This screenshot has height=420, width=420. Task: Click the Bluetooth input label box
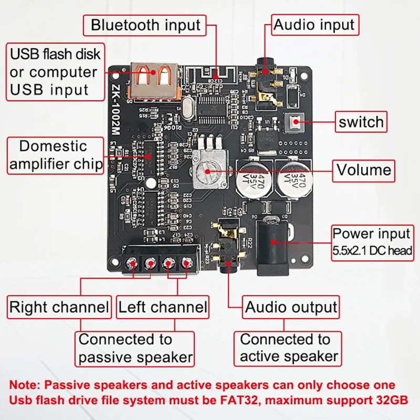point(145,25)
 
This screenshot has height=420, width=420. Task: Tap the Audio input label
point(314,24)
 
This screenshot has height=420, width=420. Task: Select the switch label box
point(361,122)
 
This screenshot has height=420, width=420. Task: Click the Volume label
point(364,170)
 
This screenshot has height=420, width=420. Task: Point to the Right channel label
point(59,307)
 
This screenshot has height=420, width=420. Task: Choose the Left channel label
point(163,307)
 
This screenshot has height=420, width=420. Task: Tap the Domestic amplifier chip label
point(56,155)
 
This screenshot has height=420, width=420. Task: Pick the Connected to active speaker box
point(289,348)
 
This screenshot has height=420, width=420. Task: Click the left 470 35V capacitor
point(254,179)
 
